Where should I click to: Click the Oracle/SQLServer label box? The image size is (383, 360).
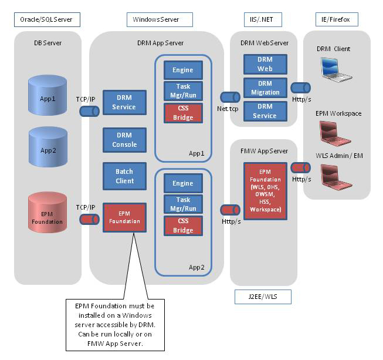coord(47,19)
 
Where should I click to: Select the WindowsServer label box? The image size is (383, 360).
coord(160,19)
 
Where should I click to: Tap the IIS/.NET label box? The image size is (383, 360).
coord(262,19)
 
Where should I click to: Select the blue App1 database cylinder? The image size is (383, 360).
coord(48,99)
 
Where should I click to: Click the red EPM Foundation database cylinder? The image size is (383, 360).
coord(48,218)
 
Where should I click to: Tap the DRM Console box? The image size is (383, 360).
coord(124,140)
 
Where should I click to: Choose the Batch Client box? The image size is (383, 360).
coord(124,176)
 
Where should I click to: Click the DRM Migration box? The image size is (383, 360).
coord(265,88)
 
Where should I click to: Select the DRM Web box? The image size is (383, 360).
coord(265,65)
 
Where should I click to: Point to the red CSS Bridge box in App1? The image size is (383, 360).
coord(182,113)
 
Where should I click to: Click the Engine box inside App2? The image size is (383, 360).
coord(182,184)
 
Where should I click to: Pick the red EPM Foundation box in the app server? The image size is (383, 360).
coord(124,217)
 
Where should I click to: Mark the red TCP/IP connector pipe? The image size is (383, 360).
coord(89,220)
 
